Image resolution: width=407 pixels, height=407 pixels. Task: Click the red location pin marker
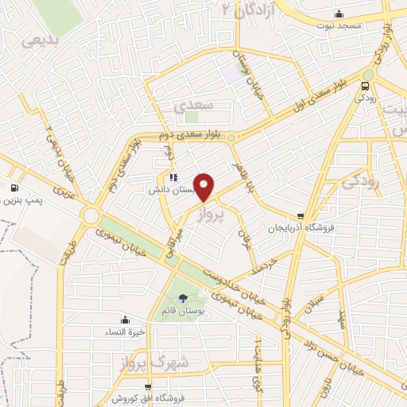pyautogui.click(x=204, y=187)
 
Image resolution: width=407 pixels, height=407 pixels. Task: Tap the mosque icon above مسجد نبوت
pyautogui.click(x=339, y=14)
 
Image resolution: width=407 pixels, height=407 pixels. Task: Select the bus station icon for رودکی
pyautogui.click(x=366, y=85)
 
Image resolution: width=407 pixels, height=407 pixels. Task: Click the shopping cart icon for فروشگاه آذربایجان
pyautogui.click(x=300, y=215)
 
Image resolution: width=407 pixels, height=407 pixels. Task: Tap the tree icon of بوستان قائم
pyautogui.click(x=184, y=299)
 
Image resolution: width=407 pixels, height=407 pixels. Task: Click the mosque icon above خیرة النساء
pyautogui.click(x=126, y=320)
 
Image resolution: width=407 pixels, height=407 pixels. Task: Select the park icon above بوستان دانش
pyautogui.click(x=173, y=177)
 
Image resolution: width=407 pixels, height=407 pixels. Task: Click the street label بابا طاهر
pyautogui.click(x=238, y=172)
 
